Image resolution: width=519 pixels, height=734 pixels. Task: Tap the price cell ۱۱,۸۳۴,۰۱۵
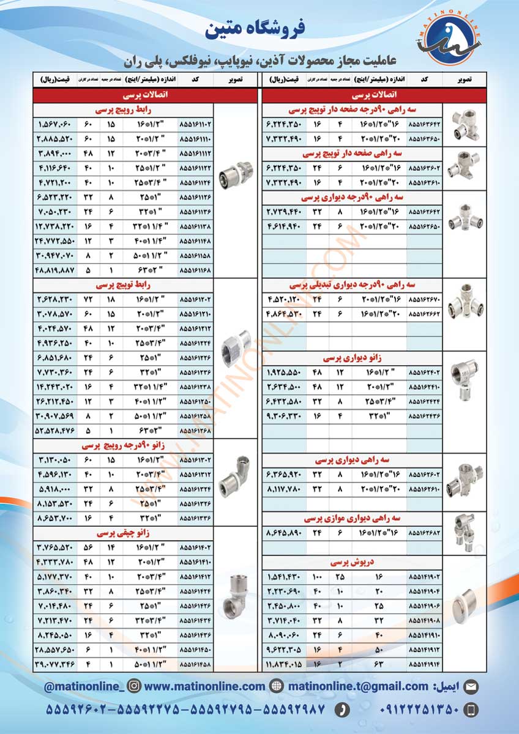tap(284, 663)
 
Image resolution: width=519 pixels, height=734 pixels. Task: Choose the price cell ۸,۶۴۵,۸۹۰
tap(284, 532)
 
